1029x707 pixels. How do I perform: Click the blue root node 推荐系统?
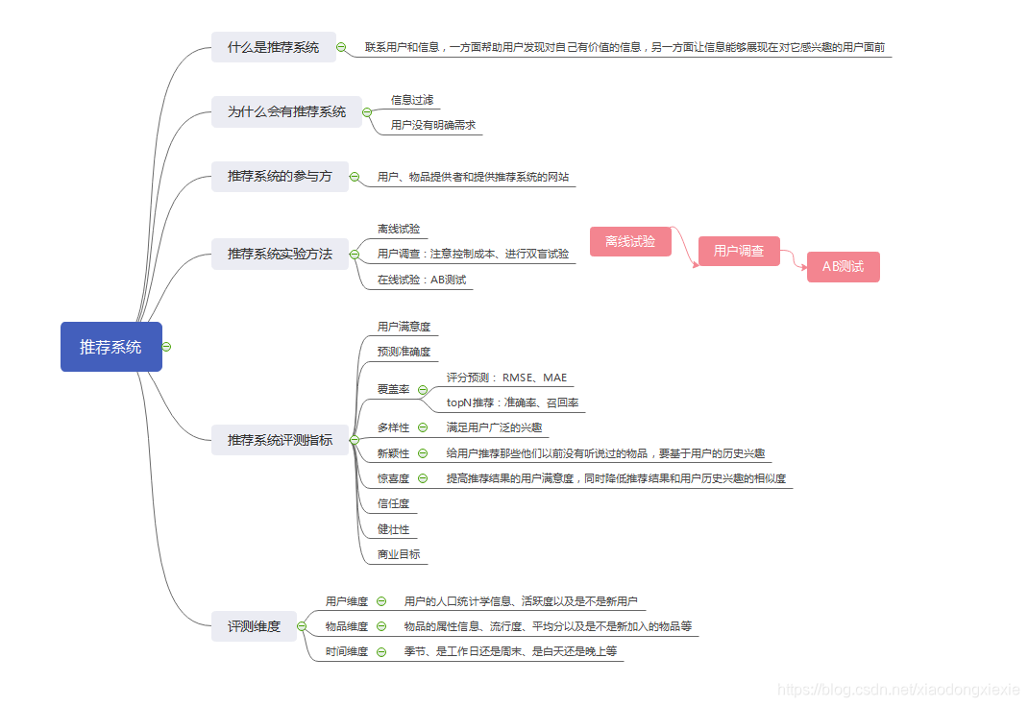coord(110,347)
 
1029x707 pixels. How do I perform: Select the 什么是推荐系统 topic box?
coord(273,47)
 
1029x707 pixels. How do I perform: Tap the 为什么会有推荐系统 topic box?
coord(286,111)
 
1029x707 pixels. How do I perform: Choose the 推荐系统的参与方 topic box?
coord(280,177)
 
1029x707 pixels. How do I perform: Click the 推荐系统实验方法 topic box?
coord(280,254)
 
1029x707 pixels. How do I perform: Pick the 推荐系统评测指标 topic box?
coord(280,440)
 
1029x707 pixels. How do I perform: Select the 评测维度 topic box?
coord(254,626)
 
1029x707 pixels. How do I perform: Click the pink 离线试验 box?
coord(629,241)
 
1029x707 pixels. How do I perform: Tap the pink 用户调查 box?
coord(738,252)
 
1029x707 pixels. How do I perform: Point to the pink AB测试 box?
coord(843,267)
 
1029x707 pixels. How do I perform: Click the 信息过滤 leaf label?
coord(411,100)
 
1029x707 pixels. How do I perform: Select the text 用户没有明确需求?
coord(432,125)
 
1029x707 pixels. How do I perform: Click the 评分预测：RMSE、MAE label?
coord(506,378)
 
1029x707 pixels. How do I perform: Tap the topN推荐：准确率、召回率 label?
coord(512,402)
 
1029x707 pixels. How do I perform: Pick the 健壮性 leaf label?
coord(393,529)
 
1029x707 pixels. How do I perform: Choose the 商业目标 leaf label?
coord(398,554)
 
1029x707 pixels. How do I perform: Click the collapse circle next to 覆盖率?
coord(422,390)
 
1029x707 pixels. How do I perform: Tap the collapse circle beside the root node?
coord(167,347)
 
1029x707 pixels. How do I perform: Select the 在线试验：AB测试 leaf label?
coord(421,280)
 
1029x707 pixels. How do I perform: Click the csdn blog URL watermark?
coord(897,690)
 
